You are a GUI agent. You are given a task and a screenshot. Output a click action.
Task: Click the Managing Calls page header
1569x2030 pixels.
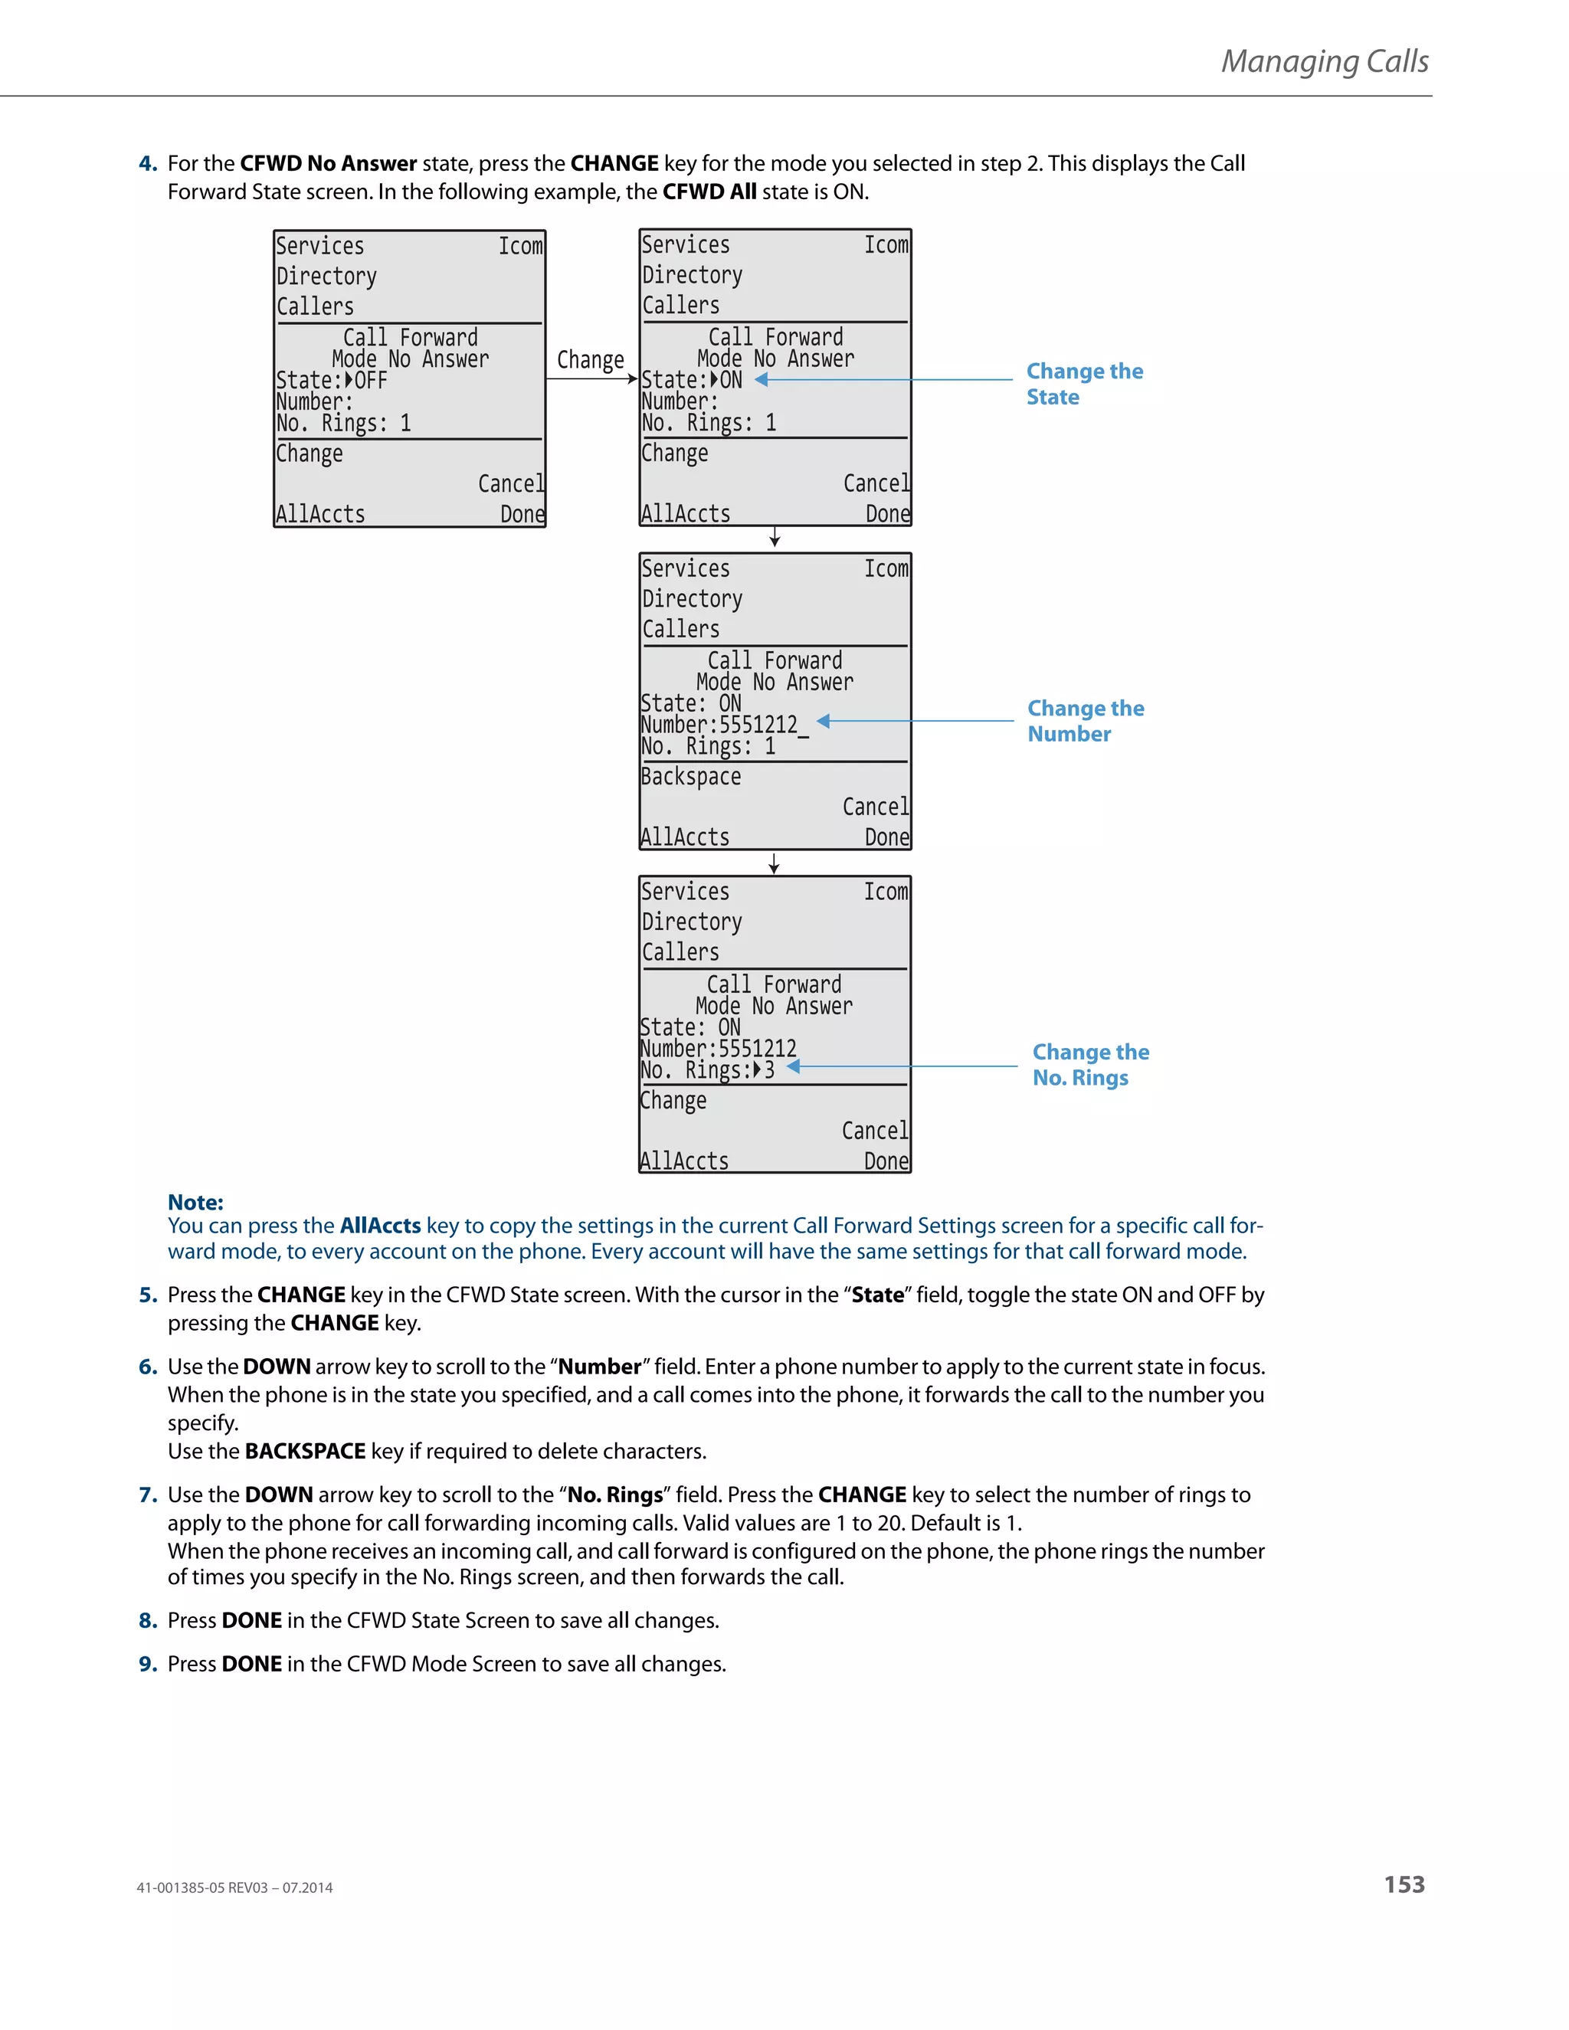pos(1324,61)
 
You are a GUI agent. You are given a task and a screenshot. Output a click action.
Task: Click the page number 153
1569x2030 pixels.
pos(1404,1884)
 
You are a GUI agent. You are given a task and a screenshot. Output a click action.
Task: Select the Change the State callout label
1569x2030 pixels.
pos(1084,384)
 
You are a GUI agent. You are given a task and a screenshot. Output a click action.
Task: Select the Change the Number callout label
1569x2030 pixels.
pos(1085,722)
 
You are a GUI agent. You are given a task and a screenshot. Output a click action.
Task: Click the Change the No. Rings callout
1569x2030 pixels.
pos(1089,1066)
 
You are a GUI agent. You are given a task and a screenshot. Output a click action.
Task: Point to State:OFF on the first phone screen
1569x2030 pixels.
pos(332,381)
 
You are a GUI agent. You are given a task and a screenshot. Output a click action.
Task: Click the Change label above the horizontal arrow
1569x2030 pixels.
pos(590,360)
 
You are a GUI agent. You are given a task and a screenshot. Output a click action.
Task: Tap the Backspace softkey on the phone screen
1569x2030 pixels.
pos(690,777)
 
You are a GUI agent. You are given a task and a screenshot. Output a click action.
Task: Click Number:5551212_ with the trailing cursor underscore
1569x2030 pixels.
pos(724,725)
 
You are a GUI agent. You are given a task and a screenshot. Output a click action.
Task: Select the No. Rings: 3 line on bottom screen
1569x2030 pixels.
pos(707,1071)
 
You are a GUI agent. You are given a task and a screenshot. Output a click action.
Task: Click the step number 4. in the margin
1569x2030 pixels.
pos(148,164)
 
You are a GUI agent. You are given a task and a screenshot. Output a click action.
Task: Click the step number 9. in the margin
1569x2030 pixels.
pos(148,1664)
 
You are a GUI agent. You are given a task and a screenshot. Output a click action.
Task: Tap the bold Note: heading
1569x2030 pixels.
pos(195,1202)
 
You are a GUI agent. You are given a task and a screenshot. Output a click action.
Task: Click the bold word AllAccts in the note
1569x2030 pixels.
pos(380,1226)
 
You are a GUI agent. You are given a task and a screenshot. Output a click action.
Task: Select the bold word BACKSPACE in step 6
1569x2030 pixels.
pos(305,1451)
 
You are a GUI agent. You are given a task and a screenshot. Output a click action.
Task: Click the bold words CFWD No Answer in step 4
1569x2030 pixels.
pos(328,164)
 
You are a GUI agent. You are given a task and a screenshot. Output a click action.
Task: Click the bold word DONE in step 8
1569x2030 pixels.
pos(251,1620)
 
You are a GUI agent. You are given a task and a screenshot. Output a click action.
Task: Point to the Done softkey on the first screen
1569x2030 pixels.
pos(522,515)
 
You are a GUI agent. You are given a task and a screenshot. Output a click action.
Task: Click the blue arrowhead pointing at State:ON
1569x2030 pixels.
pos(762,379)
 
